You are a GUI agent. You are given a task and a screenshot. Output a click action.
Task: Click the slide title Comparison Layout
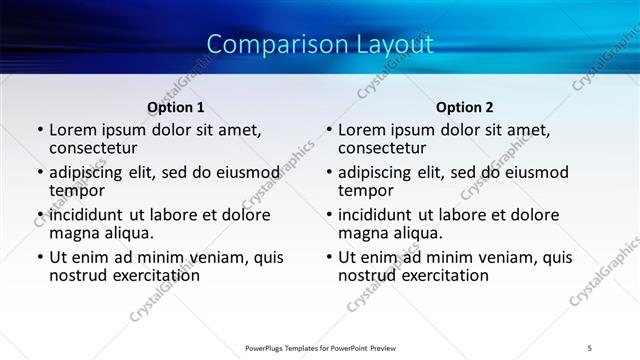click(320, 45)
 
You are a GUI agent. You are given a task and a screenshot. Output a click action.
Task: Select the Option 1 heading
click(176, 107)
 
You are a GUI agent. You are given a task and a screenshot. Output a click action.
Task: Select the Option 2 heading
click(465, 107)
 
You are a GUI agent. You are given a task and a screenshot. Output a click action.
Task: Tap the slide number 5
click(590, 349)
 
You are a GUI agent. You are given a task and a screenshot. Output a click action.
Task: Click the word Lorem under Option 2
click(361, 130)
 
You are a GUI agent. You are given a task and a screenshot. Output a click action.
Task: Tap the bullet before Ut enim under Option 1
click(40, 258)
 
